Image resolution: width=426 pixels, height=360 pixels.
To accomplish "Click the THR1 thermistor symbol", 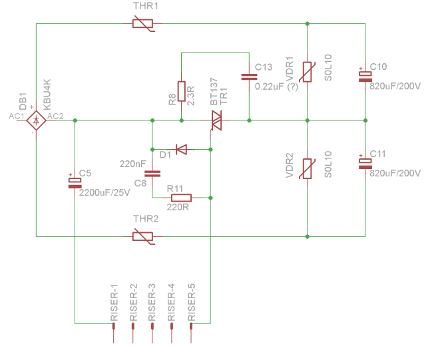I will (x=142, y=24).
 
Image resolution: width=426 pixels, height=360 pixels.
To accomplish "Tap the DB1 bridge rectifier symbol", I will (x=35, y=120).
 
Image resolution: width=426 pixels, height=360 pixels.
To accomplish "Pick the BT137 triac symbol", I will (x=216, y=120).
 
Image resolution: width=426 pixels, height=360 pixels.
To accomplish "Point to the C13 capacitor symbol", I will (x=248, y=77).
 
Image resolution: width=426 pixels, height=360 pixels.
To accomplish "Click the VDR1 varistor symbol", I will (x=308, y=72).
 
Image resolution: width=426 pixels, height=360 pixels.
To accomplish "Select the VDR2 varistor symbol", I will (x=308, y=169).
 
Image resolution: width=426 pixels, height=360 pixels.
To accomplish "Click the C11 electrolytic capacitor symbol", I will (x=365, y=162).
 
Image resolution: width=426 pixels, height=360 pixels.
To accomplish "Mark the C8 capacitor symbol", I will (x=152, y=174).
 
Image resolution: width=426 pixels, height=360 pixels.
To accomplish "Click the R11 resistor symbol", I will (x=181, y=198).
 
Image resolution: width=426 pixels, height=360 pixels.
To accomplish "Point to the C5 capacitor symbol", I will (x=74, y=182).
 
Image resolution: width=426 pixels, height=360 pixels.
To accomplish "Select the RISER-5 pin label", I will (x=192, y=303).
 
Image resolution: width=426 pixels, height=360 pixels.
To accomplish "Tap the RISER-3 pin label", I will (x=152, y=303).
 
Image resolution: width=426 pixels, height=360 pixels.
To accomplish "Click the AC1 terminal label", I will (x=17, y=116).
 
